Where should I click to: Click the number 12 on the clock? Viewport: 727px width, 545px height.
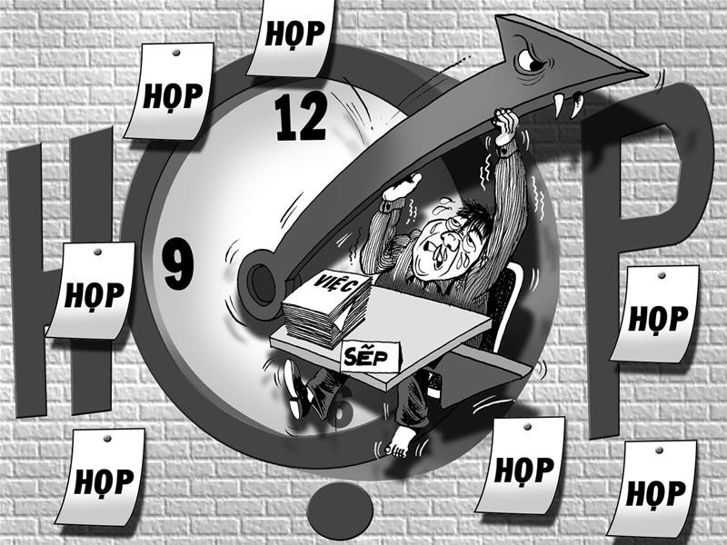(301, 115)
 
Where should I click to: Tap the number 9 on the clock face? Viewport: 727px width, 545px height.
(177, 263)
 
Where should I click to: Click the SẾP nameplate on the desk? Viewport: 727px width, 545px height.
(370, 356)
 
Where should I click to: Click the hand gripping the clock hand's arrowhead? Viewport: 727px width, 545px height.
(507, 126)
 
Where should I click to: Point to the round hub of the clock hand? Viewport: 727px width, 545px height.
(263, 283)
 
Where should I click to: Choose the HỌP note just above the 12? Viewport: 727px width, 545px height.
(291, 38)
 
